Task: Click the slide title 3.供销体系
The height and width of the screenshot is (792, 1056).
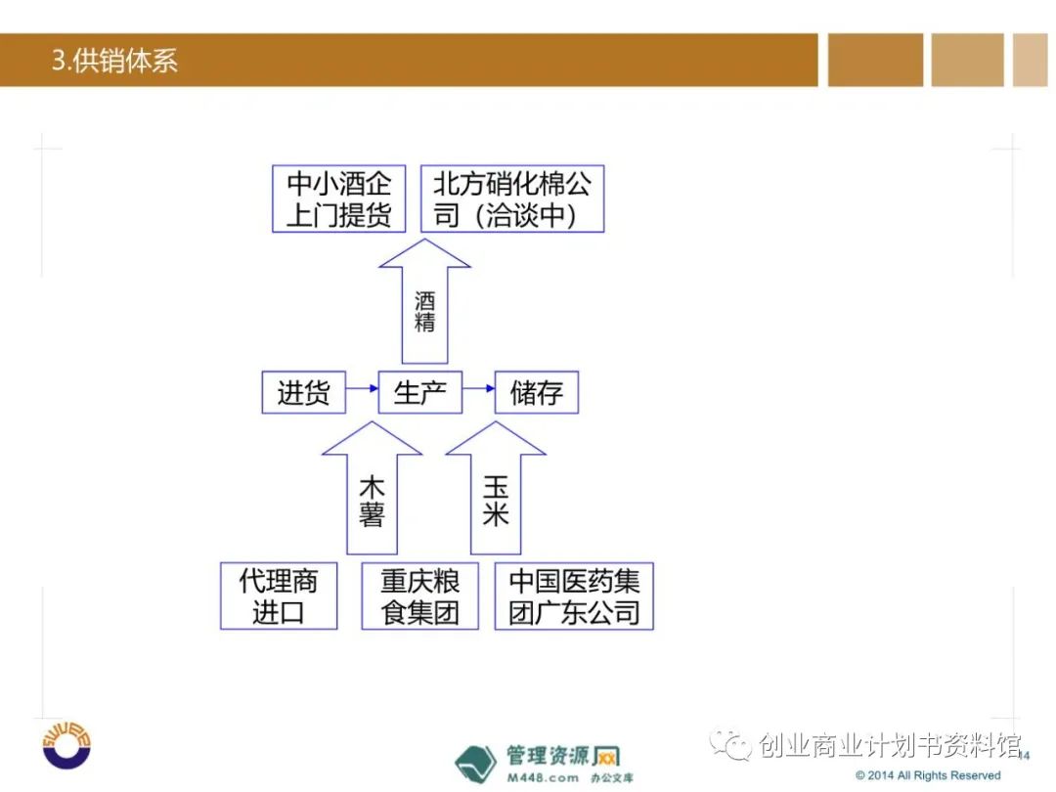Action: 114,61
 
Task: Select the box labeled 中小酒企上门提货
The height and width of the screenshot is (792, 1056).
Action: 338,198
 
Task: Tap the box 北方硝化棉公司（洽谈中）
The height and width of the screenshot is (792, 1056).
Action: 512,198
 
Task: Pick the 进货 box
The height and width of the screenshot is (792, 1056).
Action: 304,393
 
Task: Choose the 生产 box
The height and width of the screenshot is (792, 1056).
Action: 420,393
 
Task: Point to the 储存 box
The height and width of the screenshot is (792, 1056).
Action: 537,393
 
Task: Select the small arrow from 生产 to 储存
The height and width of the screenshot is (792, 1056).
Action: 478,388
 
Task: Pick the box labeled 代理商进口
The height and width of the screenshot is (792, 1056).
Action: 279,595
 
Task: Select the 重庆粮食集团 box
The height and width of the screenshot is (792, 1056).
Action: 420,595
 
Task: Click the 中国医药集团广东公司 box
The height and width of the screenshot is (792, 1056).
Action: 574,595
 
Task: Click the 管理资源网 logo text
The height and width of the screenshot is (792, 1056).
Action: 563,755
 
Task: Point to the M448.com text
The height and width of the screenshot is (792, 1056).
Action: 542,777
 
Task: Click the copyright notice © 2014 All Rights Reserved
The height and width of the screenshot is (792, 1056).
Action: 928,775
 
